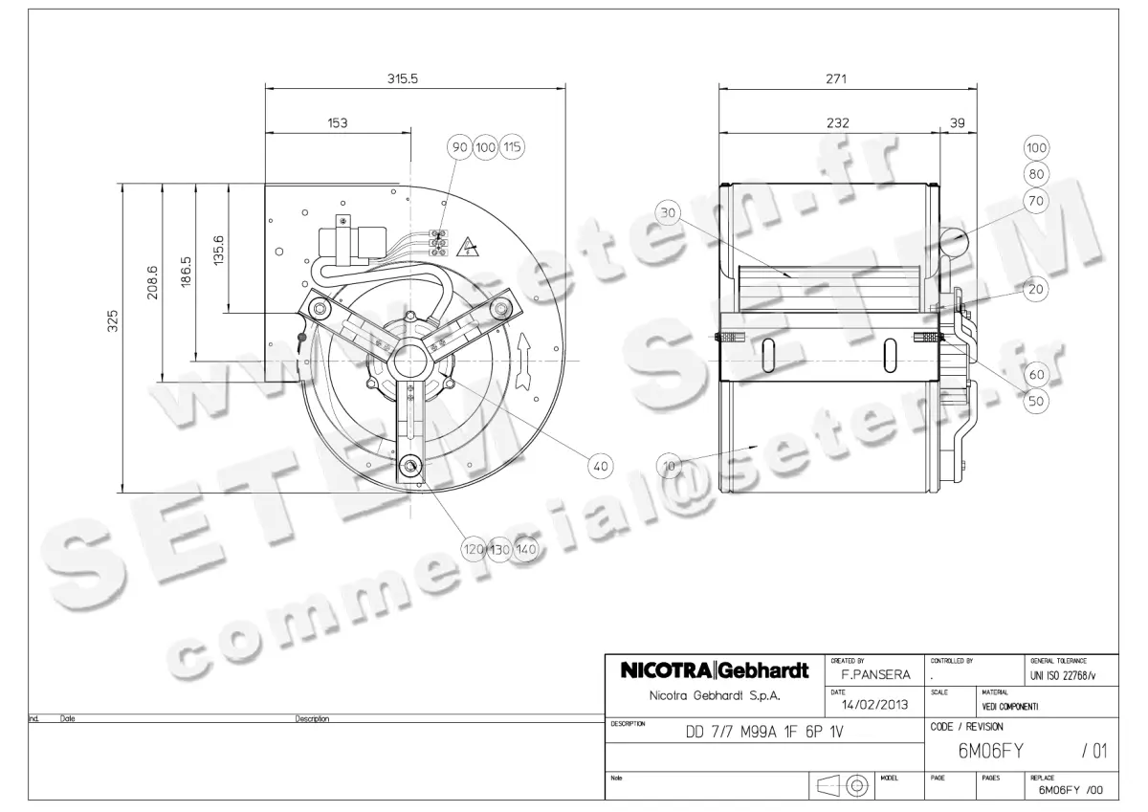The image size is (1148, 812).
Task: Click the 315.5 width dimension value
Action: [403, 79]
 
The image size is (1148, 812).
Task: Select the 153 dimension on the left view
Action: [338, 123]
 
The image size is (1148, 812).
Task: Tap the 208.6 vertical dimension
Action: [151, 283]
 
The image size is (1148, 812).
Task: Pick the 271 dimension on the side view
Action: [836, 79]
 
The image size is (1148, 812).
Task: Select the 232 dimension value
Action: [837, 123]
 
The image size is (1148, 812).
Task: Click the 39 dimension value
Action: [958, 123]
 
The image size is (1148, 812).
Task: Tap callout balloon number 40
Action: [601, 467]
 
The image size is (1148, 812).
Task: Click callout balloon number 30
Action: [668, 212]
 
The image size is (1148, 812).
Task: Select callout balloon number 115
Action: [513, 147]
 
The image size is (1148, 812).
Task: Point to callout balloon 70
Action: [1036, 200]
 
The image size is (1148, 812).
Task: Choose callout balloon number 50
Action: [1036, 402]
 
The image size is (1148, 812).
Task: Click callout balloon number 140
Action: [526, 549]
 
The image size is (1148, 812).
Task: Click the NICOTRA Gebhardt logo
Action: [715, 670]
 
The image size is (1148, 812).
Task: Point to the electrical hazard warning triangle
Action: [470, 246]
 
